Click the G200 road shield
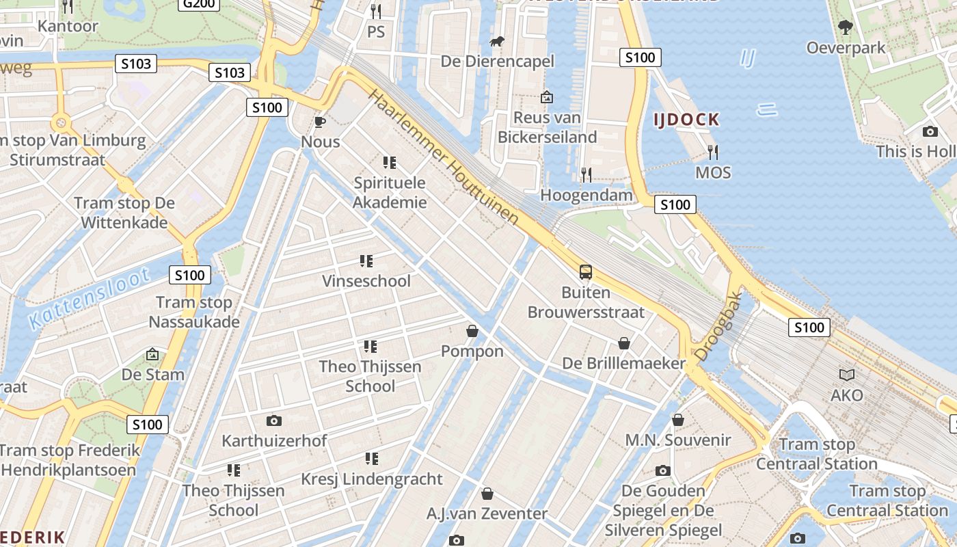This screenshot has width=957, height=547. tap(199, 4)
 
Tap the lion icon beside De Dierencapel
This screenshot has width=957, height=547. tap(497, 42)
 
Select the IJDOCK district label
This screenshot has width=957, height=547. tap(686, 120)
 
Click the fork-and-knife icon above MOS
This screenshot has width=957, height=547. tap(713, 152)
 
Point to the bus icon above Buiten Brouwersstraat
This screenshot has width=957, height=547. tap(586, 272)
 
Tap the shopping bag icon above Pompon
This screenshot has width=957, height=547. tap(472, 332)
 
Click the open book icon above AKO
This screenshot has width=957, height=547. tap(847, 375)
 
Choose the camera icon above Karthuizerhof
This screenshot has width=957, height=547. tap(274, 421)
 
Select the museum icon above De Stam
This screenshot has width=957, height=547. tap(152, 354)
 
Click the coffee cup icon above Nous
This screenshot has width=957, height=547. tap(319, 122)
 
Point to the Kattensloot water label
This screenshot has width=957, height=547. tap(90, 299)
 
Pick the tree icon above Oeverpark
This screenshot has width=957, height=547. tap(846, 27)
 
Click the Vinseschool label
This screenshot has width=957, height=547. tap(366, 281)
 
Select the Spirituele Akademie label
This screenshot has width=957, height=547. tap(390, 193)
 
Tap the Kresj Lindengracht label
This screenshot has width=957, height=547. tap(372, 479)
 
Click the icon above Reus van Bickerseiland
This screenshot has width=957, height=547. tap(546, 97)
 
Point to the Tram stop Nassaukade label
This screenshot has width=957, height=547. tap(194, 312)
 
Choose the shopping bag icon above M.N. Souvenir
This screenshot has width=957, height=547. tap(678, 420)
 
